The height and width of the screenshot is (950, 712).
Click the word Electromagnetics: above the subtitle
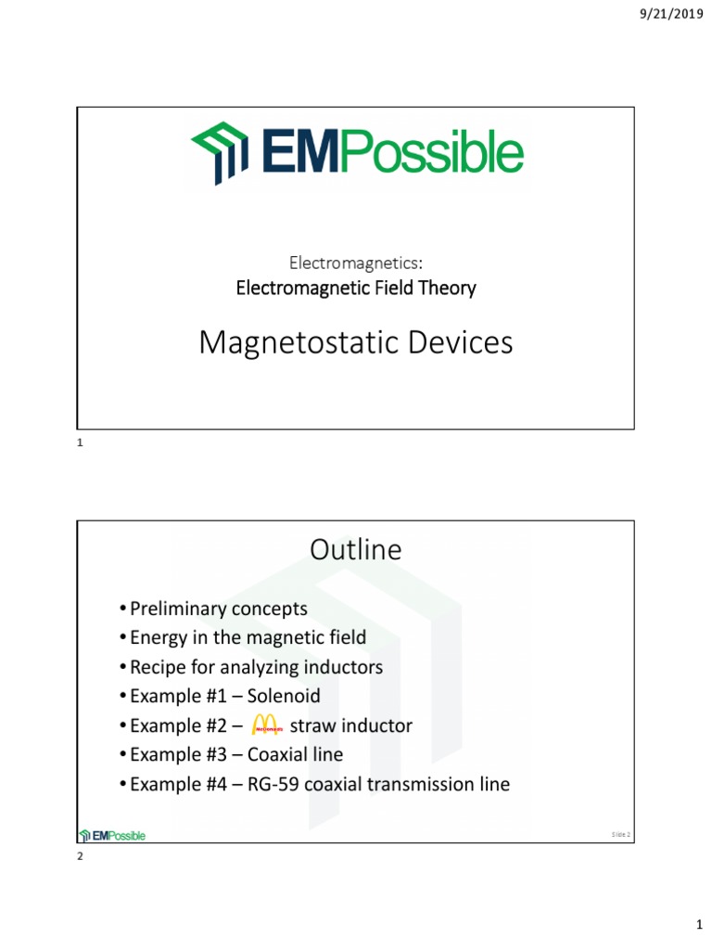coord(355,264)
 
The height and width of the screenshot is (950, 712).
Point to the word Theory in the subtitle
coord(450,288)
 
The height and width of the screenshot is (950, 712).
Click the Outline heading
coord(355,550)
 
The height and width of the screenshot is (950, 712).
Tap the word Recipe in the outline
coord(158,667)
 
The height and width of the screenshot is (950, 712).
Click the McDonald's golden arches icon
coord(266,725)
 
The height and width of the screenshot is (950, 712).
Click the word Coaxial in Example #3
coord(277,755)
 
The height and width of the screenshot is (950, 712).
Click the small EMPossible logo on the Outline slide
coord(113,835)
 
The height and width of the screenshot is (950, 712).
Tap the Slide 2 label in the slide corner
coord(620,835)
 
